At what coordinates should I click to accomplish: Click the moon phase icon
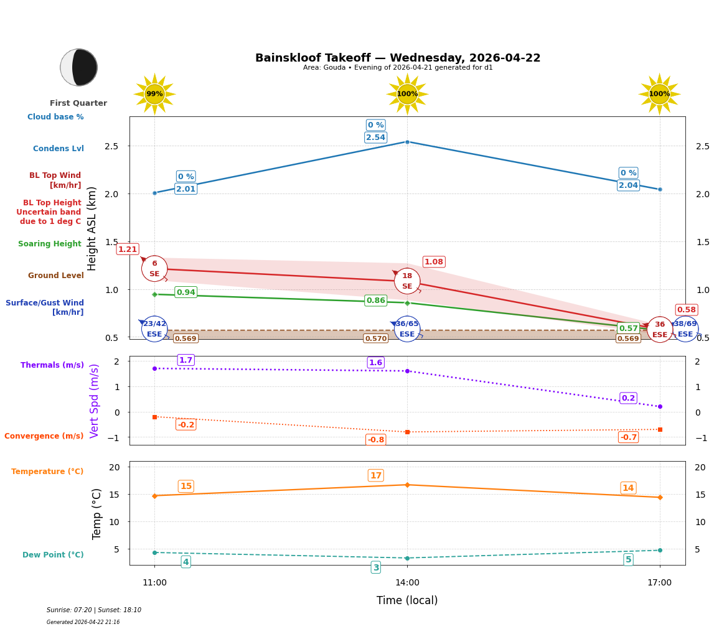79,67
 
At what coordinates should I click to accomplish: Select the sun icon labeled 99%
154,94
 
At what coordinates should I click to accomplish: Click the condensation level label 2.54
375,137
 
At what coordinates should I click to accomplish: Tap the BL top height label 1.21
128,249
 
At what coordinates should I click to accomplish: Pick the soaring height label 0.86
375,301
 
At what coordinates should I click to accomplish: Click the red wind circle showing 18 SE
407,281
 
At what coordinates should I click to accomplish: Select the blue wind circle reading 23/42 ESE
154,329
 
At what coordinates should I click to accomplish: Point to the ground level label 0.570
375,338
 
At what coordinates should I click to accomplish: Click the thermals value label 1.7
186,360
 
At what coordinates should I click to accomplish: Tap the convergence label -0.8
375,440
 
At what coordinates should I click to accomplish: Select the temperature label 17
375,475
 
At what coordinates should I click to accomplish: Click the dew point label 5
628,559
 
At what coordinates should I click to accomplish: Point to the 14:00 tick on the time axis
407,582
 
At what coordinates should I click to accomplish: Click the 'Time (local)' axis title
407,600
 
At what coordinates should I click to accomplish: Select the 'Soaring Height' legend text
50,244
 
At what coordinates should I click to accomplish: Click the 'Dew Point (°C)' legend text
53,555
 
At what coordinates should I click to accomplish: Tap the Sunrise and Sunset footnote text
94,610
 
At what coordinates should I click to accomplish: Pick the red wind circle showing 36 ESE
659,330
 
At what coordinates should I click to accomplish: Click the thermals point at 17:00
660,406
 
